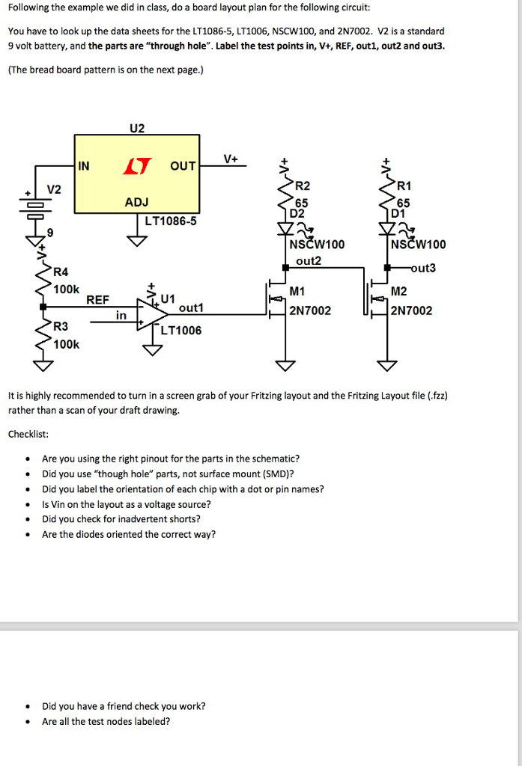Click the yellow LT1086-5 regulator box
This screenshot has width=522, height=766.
(136, 174)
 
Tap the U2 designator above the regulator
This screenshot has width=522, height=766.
(136, 128)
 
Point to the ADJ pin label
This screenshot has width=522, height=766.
(136, 202)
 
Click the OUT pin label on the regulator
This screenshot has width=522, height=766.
(183, 166)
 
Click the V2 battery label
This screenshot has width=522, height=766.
(55, 189)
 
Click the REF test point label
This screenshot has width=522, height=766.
(97, 299)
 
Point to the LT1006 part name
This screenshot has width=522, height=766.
(181, 330)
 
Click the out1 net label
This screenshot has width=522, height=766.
(191, 307)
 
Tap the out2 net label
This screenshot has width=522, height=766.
(308, 261)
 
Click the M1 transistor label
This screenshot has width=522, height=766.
(297, 291)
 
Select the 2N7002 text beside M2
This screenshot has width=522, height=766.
(411, 310)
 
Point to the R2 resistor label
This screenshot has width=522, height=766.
(302, 186)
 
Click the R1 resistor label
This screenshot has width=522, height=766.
(404, 186)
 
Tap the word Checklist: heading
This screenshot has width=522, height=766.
(28, 434)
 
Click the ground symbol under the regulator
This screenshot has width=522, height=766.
(136, 240)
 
